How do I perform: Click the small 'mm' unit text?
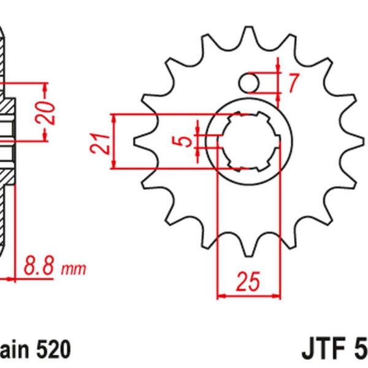click(74, 269)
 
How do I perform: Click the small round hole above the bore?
click(251, 82)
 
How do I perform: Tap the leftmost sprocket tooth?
click(140, 140)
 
